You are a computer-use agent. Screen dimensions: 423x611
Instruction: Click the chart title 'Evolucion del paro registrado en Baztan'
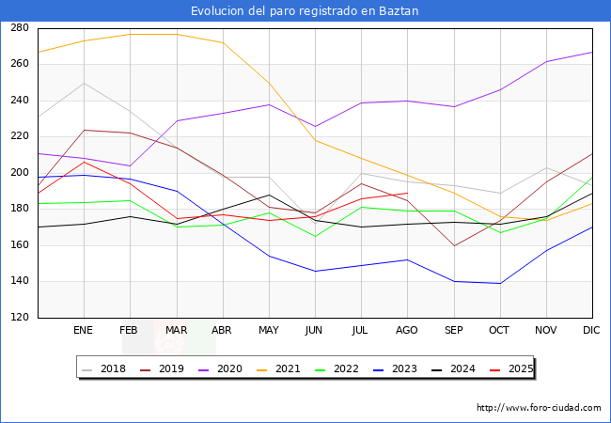click(x=305, y=10)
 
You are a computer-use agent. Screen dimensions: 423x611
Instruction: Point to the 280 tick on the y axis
click(x=20, y=28)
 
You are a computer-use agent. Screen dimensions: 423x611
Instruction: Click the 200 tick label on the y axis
click(x=20, y=173)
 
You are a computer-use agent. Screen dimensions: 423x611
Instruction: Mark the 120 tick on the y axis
click(x=20, y=318)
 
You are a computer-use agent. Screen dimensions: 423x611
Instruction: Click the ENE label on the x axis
click(x=83, y=331)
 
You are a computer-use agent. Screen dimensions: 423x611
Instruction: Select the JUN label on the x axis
click(x=315, y=331)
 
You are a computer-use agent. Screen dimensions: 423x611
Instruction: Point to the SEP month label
click(x=453, y=331)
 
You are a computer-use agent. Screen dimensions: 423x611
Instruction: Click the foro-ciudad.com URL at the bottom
click(x=539, y=408)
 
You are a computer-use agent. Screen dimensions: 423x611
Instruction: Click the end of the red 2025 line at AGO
click(x=407, y=193)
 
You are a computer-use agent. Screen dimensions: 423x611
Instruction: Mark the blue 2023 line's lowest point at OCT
click(x=499, y=283)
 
